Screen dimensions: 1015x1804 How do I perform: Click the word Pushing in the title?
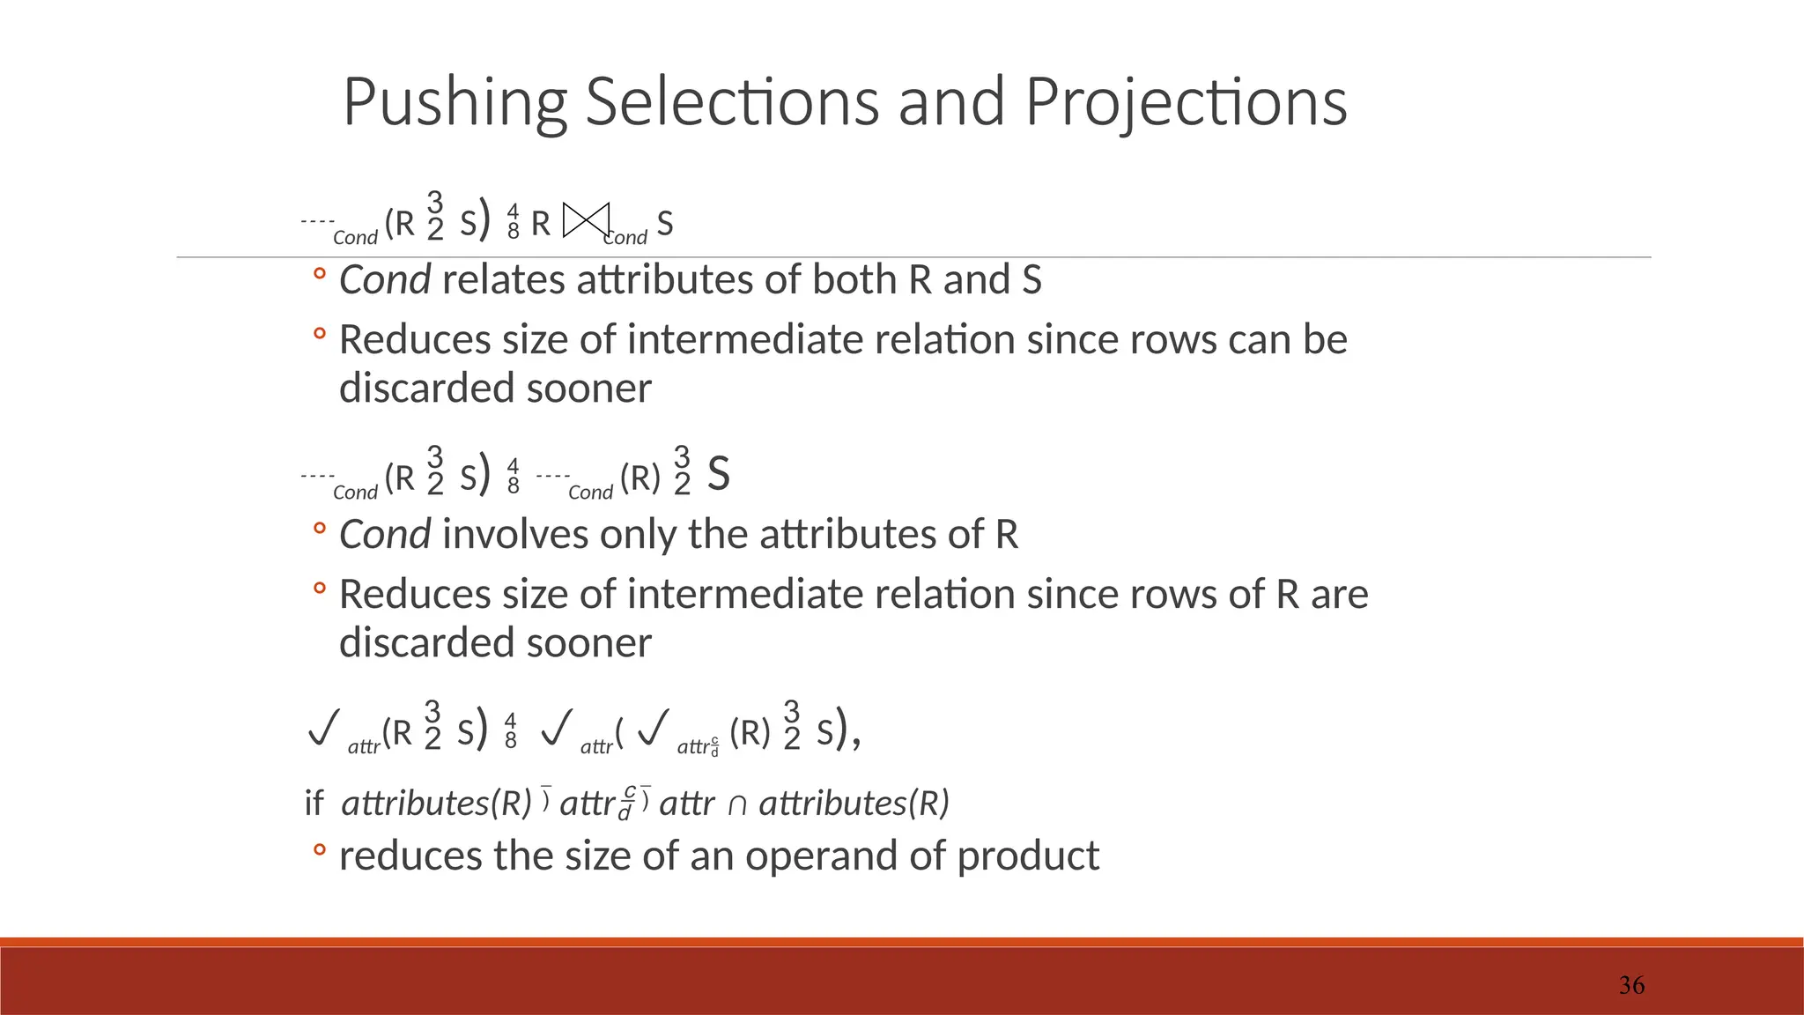pyautogui.click(x=455, y=104)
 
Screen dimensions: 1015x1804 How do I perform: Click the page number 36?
pyautogui.click(x=1631, y=985)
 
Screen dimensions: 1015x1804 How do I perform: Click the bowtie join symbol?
pyautogui.click(x=586, y=220)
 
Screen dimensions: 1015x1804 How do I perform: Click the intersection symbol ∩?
pyautogui.click(x=737, y=804)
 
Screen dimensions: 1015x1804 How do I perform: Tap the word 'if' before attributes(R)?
pyautogui.click(x=314, y=804)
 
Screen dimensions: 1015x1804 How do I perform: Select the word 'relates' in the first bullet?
pyautogui.click(x=504, y=280)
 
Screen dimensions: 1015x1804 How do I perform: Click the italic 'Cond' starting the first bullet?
pyautogui.click(x=385, y=280)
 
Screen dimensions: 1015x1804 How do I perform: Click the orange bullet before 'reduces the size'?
pyautogui.click(x=320, y=849)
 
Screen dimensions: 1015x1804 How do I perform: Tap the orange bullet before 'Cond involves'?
pyautogui.click(x=320, y=529)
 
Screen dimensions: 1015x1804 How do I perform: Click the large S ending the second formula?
pyautogui.click(x=719, y=474)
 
